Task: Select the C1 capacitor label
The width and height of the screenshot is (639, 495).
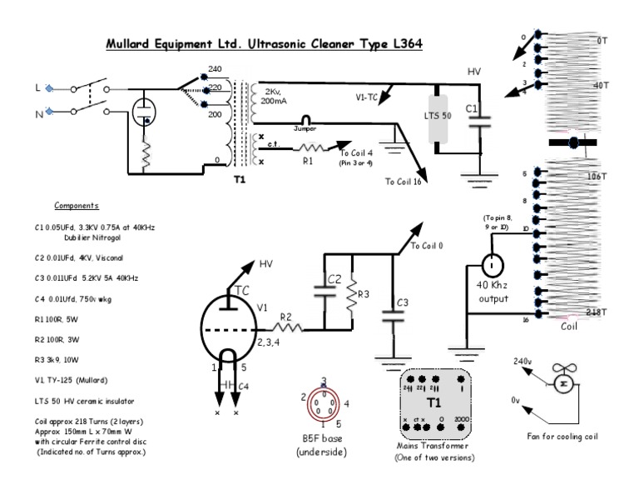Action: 471,108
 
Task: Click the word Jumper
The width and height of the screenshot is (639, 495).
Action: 308,129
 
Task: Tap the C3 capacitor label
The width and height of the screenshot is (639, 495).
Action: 402,301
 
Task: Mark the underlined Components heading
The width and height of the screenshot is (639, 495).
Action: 77,205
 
